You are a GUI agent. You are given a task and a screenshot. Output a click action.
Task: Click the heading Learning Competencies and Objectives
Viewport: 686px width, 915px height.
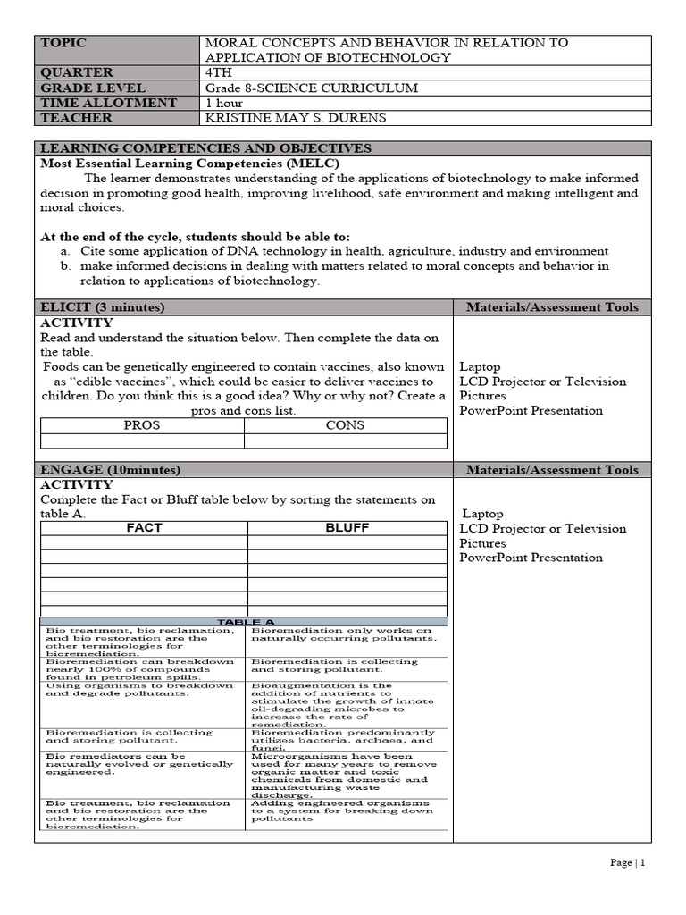coord(205,148)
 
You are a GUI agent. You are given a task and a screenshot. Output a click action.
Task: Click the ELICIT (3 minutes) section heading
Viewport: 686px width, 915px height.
coord(103,307)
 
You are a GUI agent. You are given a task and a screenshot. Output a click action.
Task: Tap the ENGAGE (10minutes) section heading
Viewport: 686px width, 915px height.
coord(111,469)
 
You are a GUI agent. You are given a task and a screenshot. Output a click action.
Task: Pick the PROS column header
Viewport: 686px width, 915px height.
coord(142,425)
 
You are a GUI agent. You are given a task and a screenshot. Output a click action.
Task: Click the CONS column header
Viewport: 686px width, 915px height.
coord(345,425)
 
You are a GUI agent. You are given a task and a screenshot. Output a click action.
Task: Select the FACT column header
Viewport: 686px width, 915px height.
coord(144,528)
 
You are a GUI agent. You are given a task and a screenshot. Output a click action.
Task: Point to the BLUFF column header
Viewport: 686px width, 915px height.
coord(347,528)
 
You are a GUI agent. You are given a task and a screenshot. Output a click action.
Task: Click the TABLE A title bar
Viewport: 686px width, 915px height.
coord(243,621)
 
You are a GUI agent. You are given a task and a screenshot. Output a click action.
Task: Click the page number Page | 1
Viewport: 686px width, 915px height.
coord(627,862)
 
